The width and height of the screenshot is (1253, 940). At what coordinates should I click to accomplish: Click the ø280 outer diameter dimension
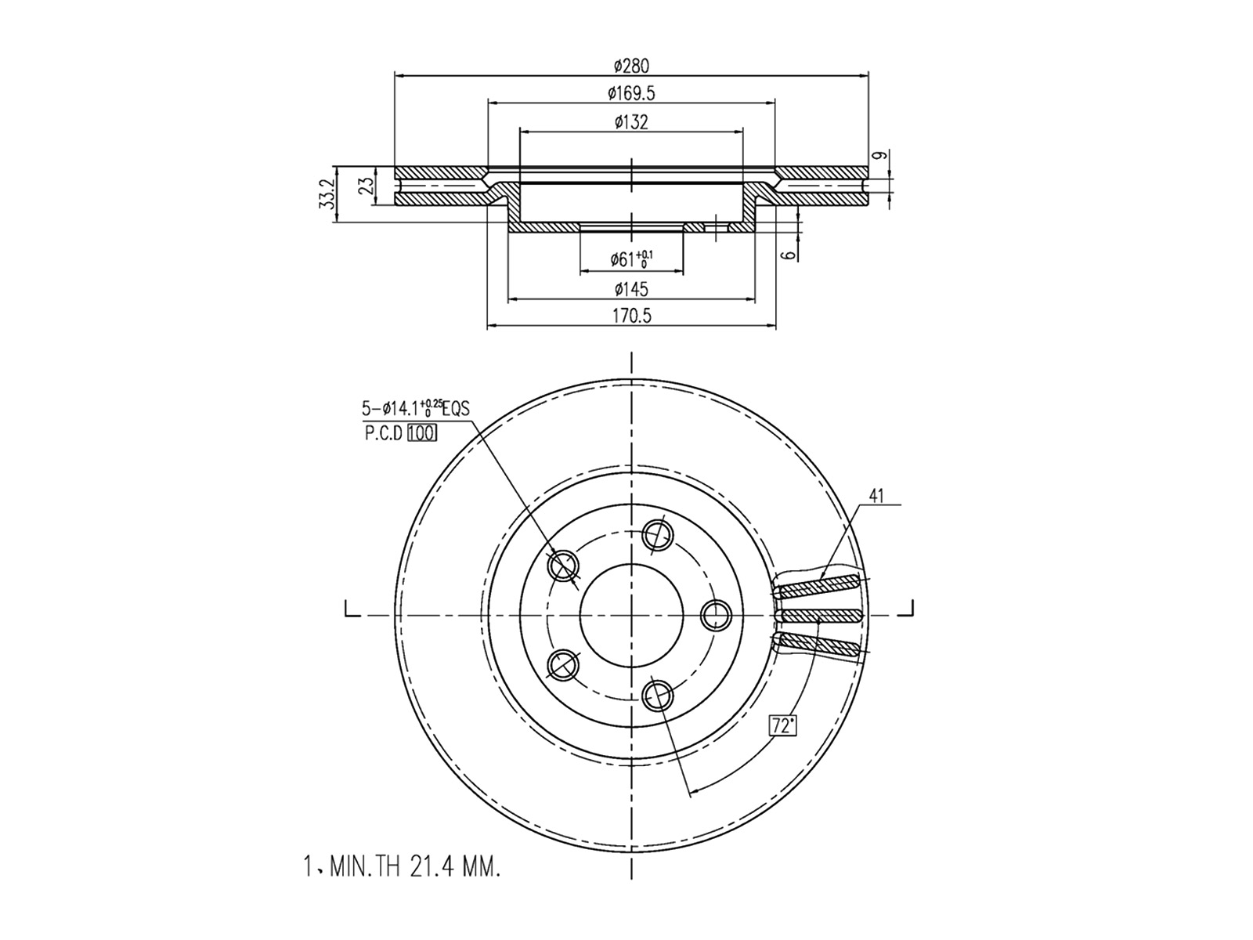tap(631, 67)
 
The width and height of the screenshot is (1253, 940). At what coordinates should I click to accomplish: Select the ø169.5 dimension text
tap(631, 93)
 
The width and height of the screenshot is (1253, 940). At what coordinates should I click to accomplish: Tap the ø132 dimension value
tap(631, 122)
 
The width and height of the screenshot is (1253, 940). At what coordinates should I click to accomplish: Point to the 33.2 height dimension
tap(327, 194)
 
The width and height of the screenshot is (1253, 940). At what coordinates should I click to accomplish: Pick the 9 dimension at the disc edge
tap(882, 155)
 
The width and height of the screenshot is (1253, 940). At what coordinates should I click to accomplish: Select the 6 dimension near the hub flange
tap(789, 255)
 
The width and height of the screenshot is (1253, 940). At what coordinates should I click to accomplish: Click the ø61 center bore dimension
tap(631, 260)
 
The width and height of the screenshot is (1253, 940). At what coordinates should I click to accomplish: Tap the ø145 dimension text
tap(631, 289)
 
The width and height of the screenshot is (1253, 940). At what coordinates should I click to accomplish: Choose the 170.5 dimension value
tap(631, 316)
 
